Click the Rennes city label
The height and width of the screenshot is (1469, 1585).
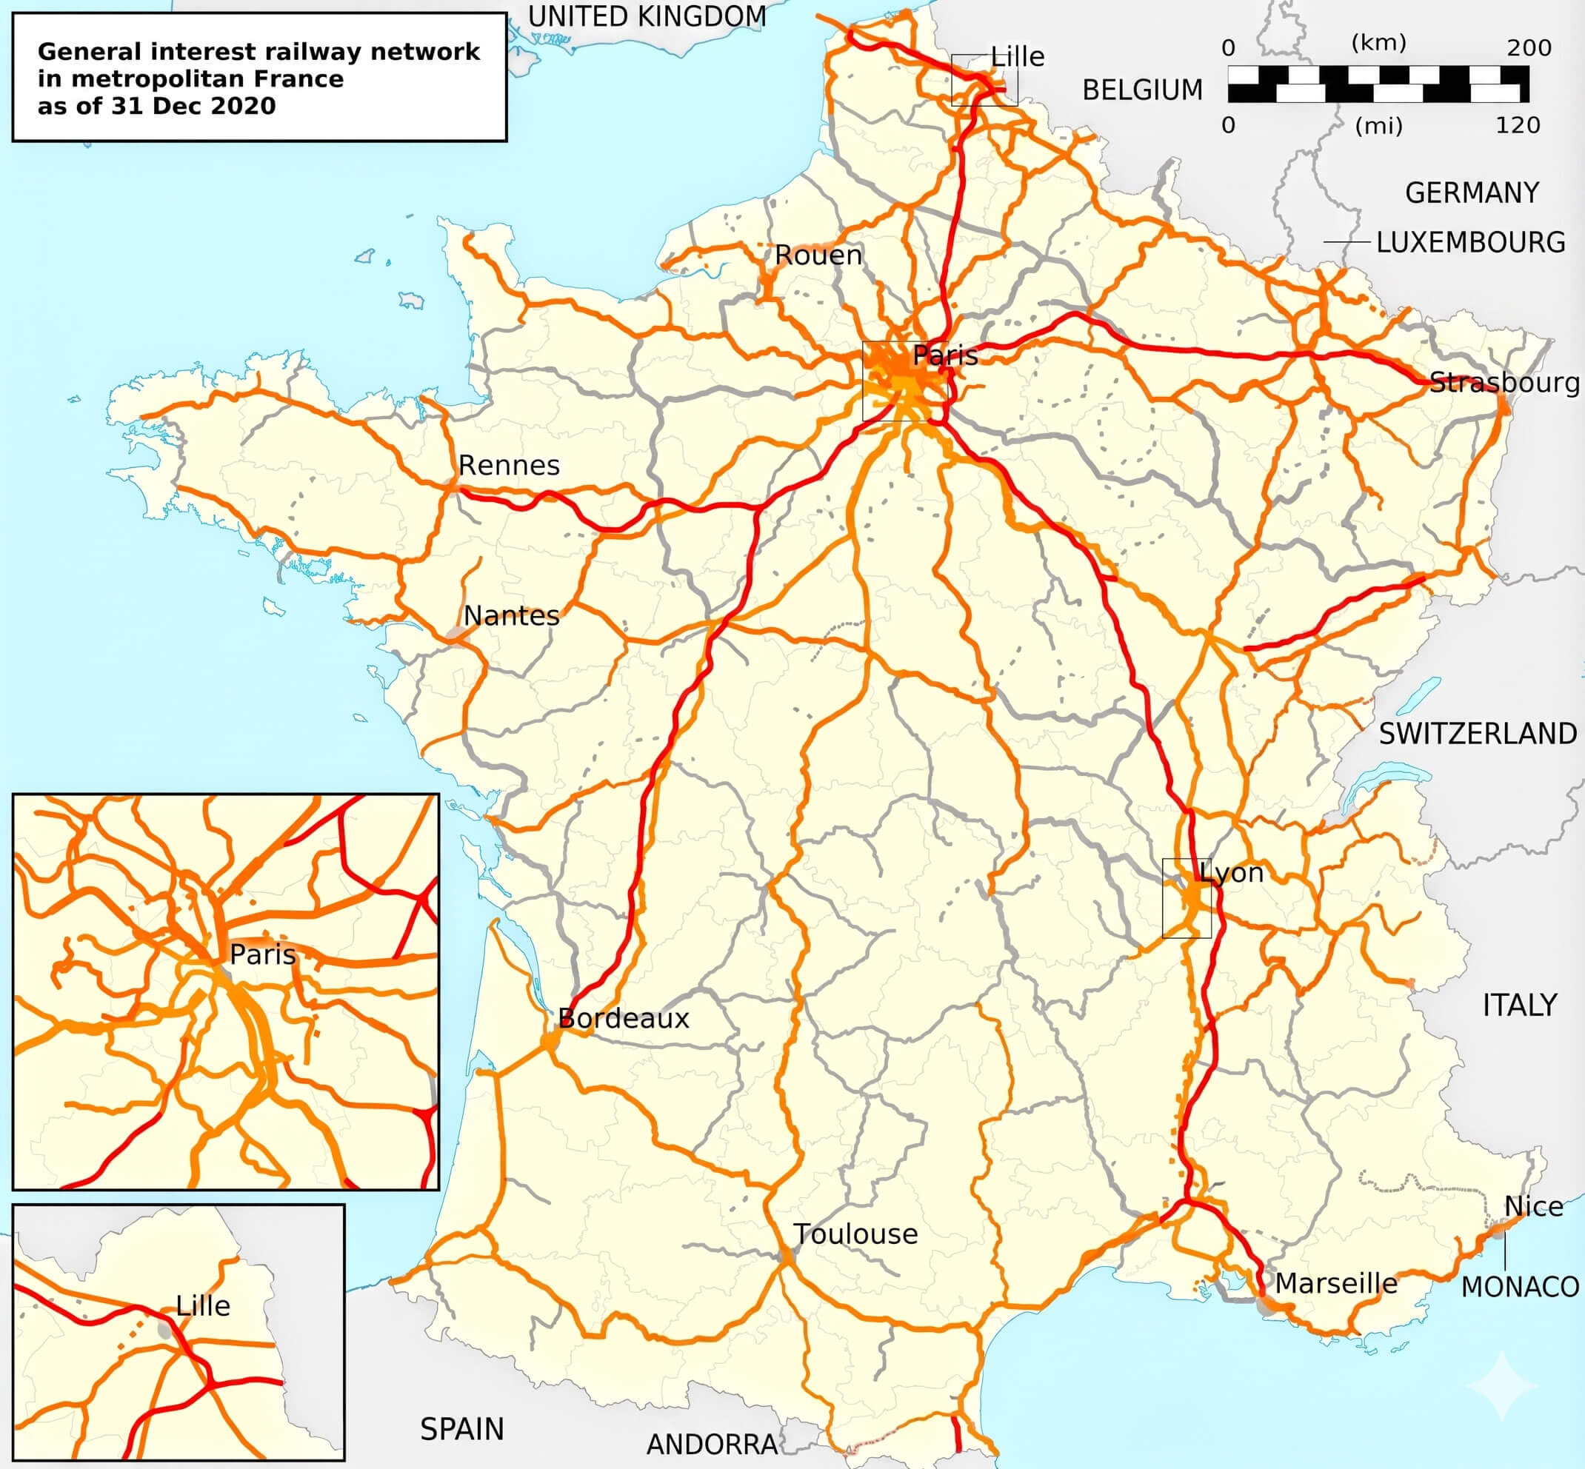coord(509,465)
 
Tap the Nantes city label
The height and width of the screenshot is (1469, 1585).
coord(511,615)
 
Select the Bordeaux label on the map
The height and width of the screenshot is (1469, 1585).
coord(624,1018)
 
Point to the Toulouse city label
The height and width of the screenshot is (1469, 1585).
coord(855,1234)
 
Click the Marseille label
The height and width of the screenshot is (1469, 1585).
coord(1336,1283)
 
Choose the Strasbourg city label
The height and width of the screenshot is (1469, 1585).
coord(1504,382)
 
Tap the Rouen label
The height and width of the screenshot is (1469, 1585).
coord(818,255)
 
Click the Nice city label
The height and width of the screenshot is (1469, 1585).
coord(1533,1207)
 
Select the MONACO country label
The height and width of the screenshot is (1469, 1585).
coord(1520,1286)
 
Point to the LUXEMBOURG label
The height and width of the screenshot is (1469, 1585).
coord(1470,241)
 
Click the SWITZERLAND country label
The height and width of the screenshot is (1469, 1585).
coord(1478,734)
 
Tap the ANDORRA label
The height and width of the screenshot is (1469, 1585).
coord(712,1445)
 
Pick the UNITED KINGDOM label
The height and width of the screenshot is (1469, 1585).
coord(647,16)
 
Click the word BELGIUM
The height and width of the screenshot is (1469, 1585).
coord(1142,90)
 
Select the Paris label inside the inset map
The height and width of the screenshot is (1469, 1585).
coord(262,954)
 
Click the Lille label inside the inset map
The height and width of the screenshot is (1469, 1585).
coord(203,1305)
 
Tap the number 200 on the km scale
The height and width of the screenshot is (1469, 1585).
coord(1529,47)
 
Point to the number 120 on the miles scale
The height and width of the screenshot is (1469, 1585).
coord(1518,125)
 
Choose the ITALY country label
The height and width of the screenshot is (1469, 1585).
coord(1519,1005)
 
